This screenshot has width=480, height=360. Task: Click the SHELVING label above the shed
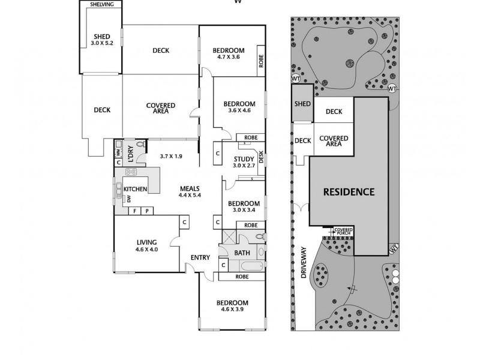point(101,5)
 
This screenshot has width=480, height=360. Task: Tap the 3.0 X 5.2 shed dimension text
point(101,43)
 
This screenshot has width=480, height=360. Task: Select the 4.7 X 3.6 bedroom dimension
point(228,57)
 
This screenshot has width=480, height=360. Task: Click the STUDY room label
point(244,158)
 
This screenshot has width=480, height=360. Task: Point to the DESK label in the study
point(261,158)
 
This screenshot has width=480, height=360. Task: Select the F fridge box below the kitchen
point(135,211)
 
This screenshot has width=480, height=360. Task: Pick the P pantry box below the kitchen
point(146,211)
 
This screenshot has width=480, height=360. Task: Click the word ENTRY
point(199,258)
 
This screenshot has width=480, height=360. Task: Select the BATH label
point(242,253)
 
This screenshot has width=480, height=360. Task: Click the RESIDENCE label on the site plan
point(349,193)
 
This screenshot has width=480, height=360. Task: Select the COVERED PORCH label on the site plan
point(343,232)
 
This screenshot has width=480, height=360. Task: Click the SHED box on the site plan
point(302,103)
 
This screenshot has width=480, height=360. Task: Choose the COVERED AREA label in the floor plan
point(160,108)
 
